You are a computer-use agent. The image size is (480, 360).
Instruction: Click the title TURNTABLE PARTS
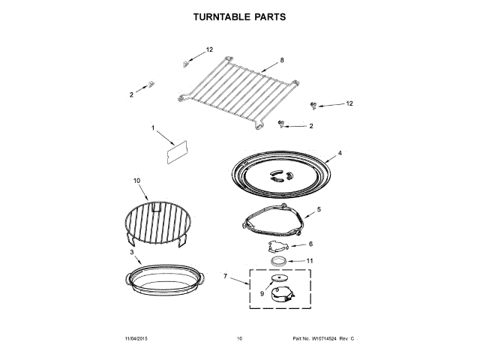click(240, 16)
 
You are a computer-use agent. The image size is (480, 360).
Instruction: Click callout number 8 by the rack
click(282, 59)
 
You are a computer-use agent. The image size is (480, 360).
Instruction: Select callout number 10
click(136, 181)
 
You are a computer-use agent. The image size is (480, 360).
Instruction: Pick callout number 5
click(318, 209)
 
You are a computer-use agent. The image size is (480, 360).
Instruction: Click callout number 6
click(310, 244)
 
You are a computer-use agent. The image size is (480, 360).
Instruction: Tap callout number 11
click(310, 260)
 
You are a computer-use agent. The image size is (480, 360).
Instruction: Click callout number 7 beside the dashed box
click(225, 277)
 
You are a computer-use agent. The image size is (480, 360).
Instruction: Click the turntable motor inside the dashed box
click(280, 292)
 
